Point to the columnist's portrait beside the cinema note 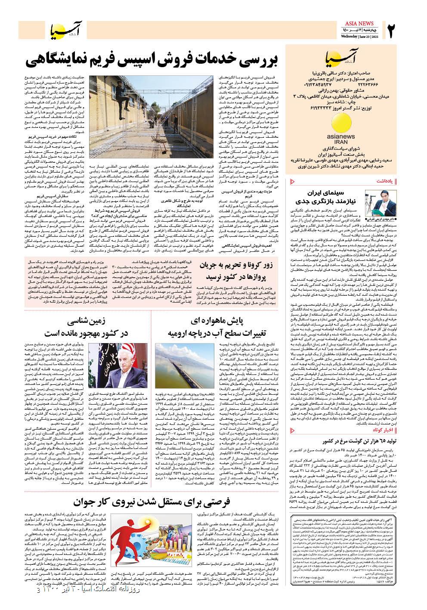(x=374, y=203)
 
